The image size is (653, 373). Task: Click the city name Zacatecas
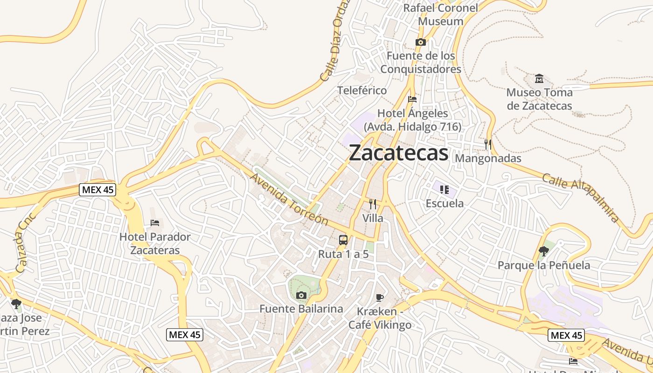(x=398, y=153)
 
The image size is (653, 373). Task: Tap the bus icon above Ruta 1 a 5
(x=343, y=240)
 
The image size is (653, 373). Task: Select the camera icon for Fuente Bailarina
(x=301, y=295)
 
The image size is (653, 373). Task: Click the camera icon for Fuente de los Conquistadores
(x=420, y=42)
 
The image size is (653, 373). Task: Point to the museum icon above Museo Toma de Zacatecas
(x=539, y=78)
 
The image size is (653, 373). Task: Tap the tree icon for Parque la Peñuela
(x=543, y=251)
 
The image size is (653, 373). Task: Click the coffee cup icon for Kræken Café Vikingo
(x=380, y=297)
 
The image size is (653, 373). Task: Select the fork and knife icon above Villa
(x=372, y=204)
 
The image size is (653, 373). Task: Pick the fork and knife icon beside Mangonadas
(x=488, y=145)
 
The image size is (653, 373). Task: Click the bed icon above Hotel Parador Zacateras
(x=155, y=223)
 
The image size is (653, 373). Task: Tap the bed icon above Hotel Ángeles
(x=412, y=99)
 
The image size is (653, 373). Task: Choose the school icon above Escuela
(x=444, y=189)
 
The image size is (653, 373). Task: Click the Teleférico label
(x=362, y=90)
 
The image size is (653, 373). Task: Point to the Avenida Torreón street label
(x=289, y=199)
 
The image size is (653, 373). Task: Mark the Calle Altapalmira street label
(x=581, y=197)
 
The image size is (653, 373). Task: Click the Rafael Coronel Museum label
(x=440, y=14)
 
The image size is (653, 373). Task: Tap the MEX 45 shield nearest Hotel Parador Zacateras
(x=97, y=190)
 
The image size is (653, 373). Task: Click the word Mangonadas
(x=488, y=159)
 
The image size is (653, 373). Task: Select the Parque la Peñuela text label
(x=544, y=265)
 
